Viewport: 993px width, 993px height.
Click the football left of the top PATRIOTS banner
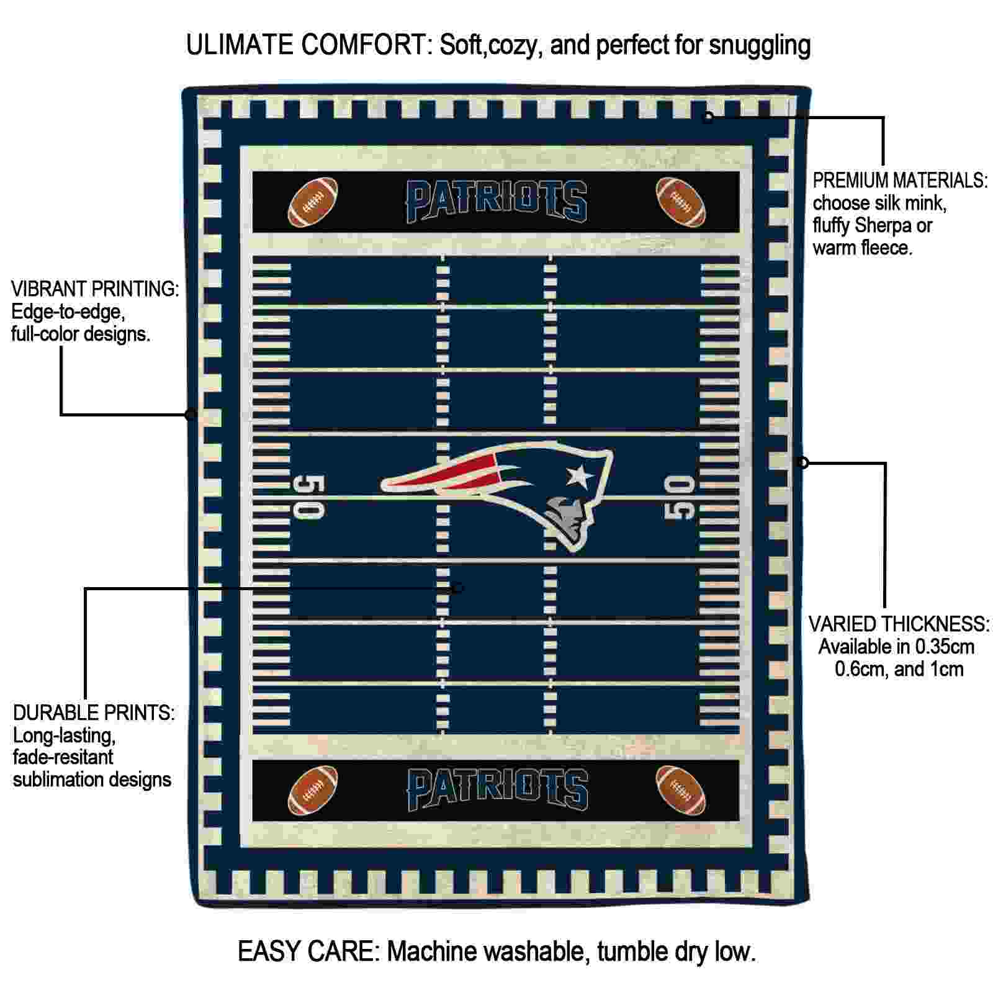click(313, 202)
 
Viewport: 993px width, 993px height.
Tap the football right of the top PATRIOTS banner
click(681, 202)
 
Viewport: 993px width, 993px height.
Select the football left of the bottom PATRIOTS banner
click(313, 791)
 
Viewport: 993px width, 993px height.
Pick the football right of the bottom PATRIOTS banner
click(681, 791)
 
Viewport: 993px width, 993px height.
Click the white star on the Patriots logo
click(579, 476)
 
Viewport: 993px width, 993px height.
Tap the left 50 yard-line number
click(308, 496)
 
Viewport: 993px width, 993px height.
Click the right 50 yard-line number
click(680, 496)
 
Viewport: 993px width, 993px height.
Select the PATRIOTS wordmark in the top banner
click(496, 201)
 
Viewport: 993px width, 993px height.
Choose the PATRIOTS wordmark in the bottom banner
click(496, 789)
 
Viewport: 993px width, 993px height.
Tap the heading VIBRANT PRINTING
click(96, 289)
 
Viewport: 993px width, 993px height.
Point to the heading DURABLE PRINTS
click(94, 713)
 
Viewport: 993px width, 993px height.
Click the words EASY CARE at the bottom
click(308, 951)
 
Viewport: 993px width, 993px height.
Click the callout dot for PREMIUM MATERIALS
click(708, 117)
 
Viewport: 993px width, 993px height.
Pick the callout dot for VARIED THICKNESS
click(802, 462)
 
